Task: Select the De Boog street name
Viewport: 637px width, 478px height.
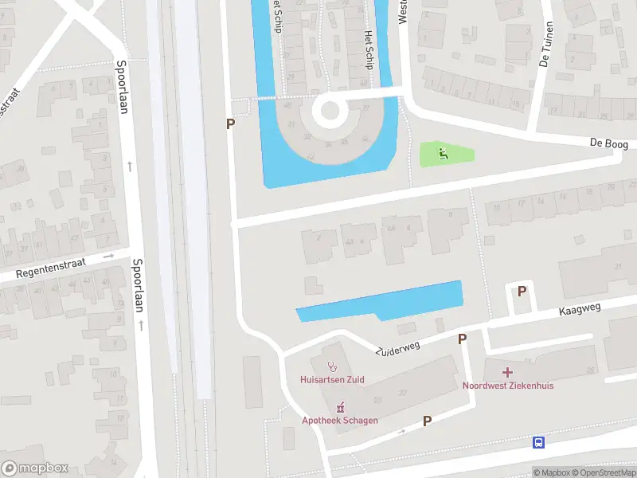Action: point(608,144)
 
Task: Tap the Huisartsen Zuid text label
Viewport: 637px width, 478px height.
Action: point(332,380)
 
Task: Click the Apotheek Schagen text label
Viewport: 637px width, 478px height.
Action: point(339,421)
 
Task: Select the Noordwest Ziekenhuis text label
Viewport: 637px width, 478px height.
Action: point(507,386)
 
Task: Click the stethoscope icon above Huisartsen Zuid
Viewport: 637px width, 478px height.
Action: point(332,368)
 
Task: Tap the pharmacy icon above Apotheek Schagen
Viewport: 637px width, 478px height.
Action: point(339,408)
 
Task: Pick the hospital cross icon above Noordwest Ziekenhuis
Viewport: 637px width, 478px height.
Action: point(507,372)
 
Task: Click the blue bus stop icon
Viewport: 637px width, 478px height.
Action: point(539,442)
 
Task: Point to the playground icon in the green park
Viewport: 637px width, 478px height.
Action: point(444,153)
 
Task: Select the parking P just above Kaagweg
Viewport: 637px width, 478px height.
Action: point(522,292)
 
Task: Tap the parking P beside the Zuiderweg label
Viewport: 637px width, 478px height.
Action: point(462,339)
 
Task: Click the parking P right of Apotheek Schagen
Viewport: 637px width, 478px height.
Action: point(427,421)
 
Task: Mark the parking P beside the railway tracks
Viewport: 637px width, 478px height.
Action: point(231,124)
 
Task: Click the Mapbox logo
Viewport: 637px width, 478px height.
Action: point(35,468)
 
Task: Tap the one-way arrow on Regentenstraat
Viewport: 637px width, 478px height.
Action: point(109,257)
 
